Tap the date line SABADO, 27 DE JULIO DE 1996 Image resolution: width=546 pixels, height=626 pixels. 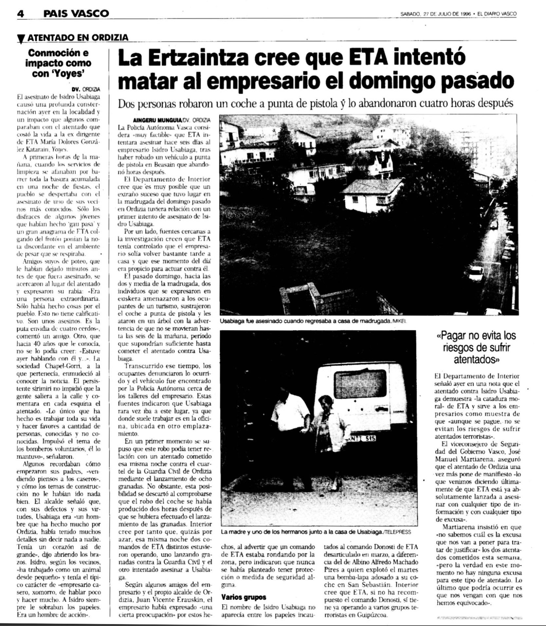435,14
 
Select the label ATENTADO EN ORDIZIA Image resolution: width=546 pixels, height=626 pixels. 78,38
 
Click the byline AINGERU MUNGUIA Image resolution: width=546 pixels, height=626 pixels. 155,120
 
